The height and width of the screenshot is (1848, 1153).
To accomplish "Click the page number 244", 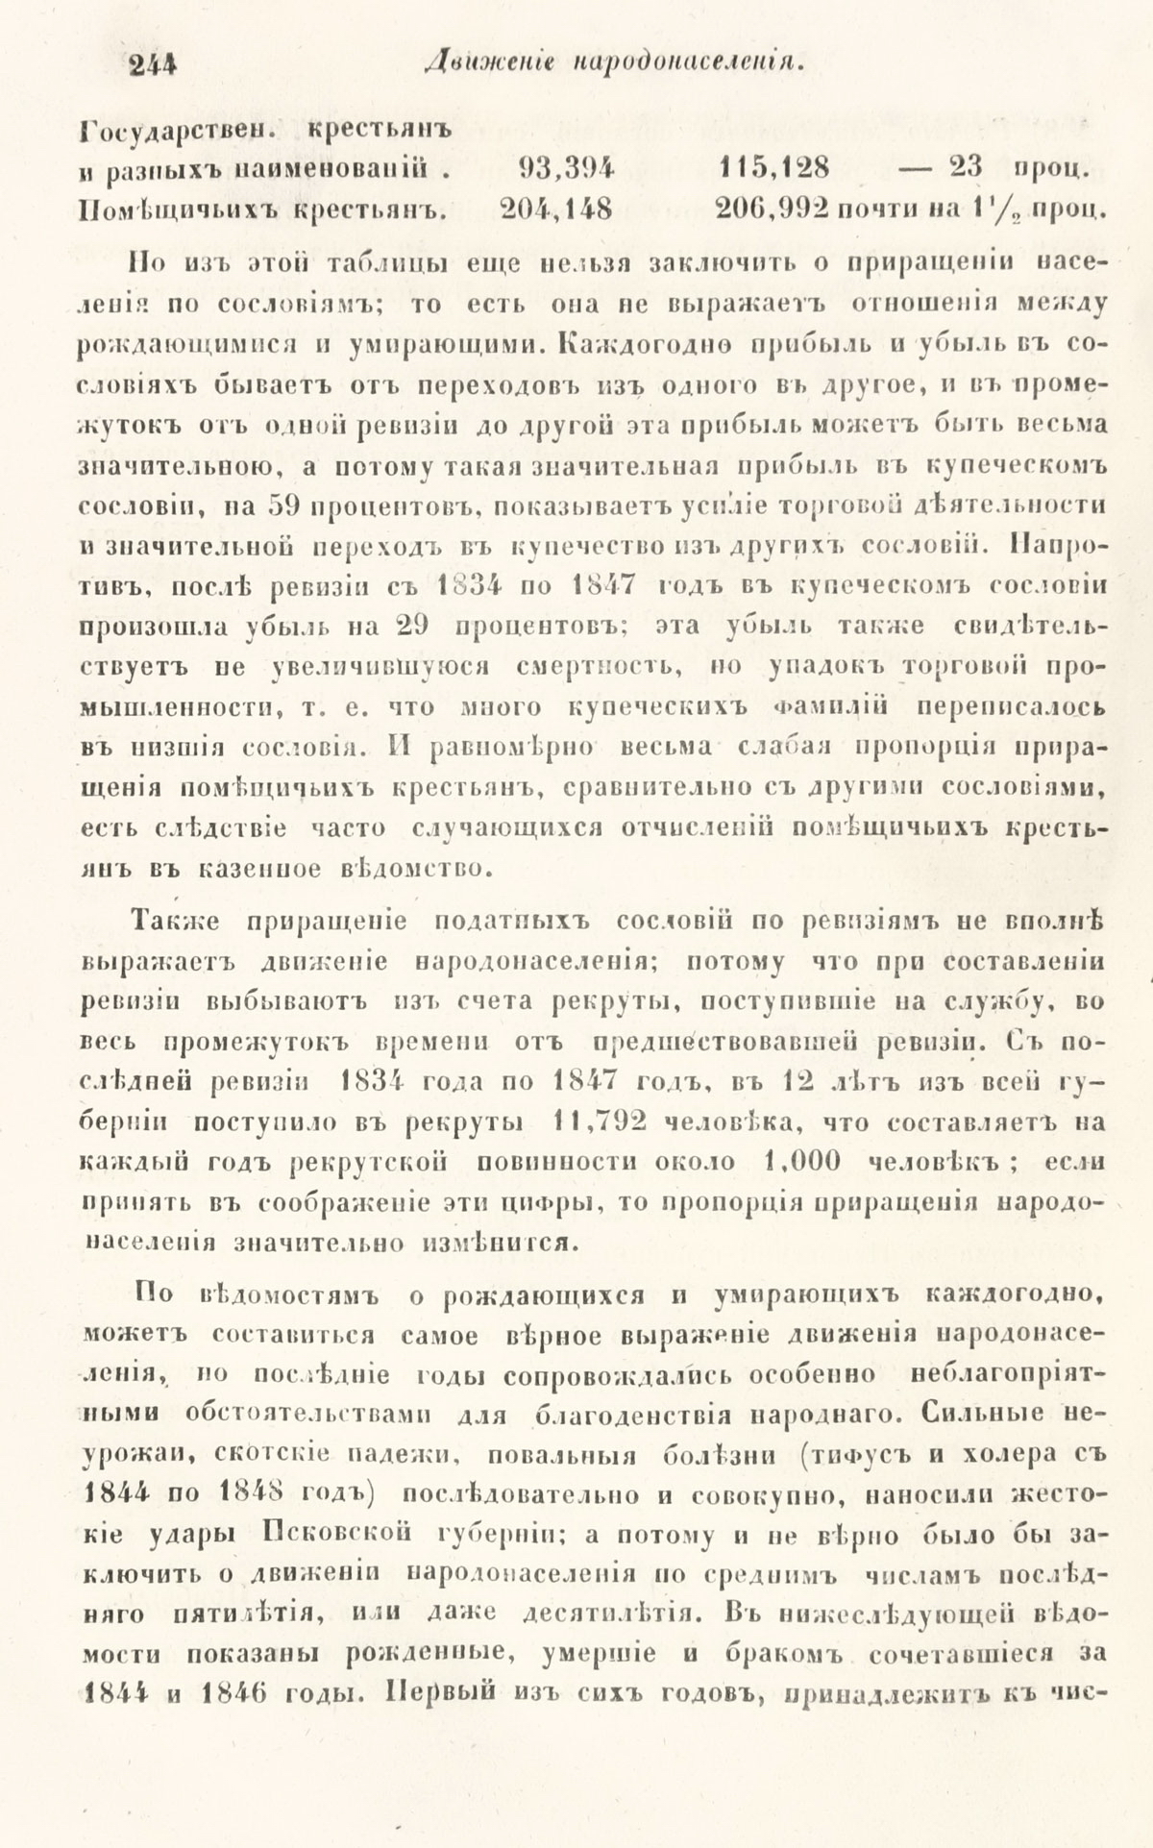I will point(154,65).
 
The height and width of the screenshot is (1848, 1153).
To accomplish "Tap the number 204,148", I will point(556,209).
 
